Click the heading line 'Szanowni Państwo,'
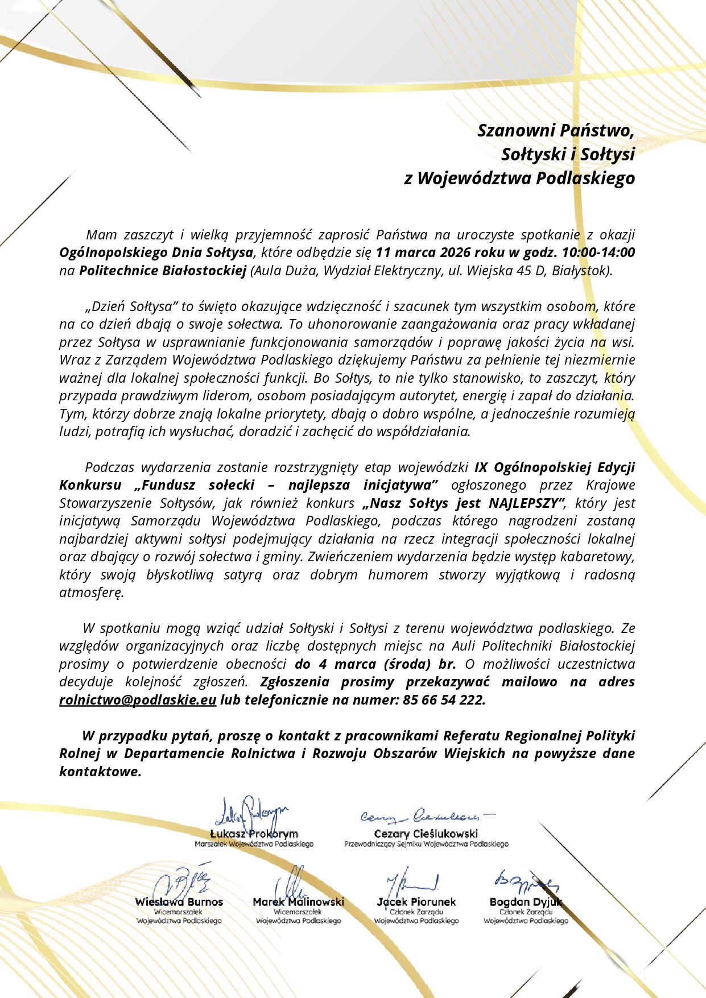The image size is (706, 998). (x=555, y=130)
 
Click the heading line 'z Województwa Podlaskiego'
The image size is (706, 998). (x=518, y=178)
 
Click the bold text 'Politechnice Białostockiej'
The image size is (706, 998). (x=162, y=270)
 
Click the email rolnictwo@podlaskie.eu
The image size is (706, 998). (x=138, y=700)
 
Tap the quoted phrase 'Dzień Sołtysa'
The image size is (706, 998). (x=132, y=307)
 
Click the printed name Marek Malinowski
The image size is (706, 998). (x=298, y=902)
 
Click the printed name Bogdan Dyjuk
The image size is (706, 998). (x=525, y=902)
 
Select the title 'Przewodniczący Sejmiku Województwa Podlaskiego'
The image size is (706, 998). (x=426, y=844)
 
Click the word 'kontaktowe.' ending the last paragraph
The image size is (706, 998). (x=100, y=772)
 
